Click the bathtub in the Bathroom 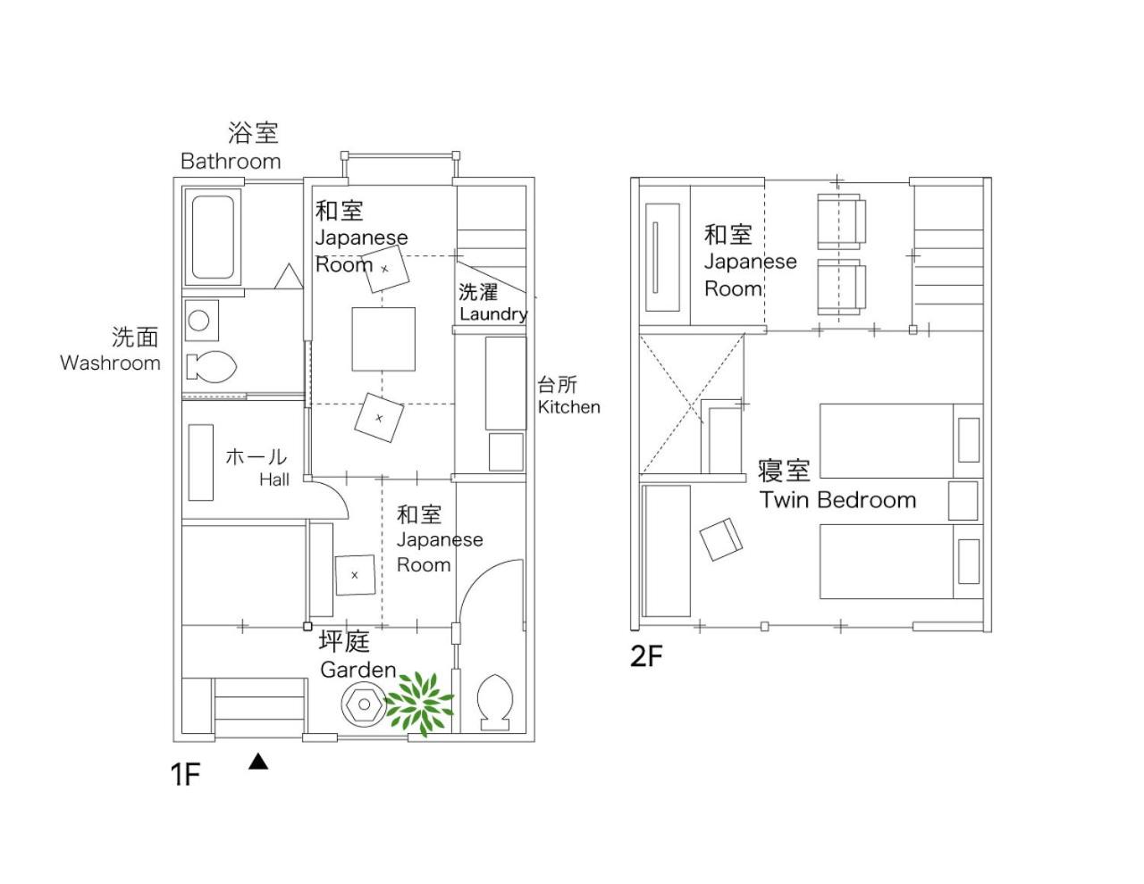(212, 238)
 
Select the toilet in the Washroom (212, 366)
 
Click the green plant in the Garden (419, 703)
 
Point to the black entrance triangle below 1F (258, 762)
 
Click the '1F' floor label (185, 774)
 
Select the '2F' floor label (646, 655)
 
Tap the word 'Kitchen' (568, 407)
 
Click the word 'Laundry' (493, 314)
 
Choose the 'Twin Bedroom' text (837, 500)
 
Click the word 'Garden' (358, 670)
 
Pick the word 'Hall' (274, 480)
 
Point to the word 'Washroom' (110, 363)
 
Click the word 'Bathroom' (231, 162)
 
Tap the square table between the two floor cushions (383, 339)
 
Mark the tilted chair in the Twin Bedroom (720, 539)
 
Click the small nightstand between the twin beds (963, 501)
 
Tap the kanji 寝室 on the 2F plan (784, 471)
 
